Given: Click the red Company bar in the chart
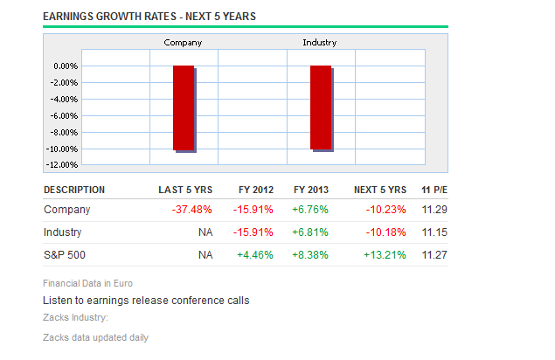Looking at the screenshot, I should point(183,107).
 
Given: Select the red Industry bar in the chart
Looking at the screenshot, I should point(321,107).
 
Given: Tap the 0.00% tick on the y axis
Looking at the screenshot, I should point(66,66).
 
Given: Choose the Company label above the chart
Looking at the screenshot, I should point(183,42).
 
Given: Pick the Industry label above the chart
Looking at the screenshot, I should point(320,42).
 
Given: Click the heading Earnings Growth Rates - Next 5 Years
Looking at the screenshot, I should point(149,17).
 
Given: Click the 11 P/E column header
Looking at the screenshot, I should point(434,190).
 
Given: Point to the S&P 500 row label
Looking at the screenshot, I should point(64,255).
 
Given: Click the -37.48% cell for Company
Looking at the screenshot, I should point(191,210).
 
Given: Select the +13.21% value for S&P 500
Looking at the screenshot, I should point(385,255).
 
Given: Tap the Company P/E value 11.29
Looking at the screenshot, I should point(434,210).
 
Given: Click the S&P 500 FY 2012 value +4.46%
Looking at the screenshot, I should point(255,255).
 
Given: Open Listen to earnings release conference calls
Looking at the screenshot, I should point(146,301).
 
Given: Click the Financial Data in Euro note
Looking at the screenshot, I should point(88,283).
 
